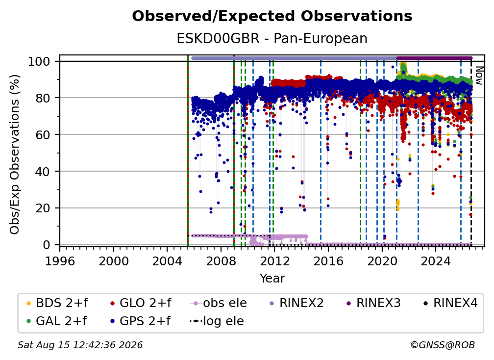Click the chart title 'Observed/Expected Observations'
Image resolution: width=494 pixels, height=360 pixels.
point(272,16)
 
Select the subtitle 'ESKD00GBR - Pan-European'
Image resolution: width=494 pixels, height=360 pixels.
point(272,38)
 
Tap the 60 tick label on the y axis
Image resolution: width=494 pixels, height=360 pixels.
point(43,134)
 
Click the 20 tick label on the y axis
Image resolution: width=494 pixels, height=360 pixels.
point(43,208)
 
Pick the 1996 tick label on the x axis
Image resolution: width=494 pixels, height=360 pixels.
point(60,261)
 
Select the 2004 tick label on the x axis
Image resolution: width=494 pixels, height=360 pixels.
point(167,261)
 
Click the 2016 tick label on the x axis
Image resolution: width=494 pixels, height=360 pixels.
point(328,261)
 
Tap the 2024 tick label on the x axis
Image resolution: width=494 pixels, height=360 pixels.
point(436,261)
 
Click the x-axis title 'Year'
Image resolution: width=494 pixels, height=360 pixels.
point(272,279)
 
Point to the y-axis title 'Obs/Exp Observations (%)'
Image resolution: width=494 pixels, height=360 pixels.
point(15,154)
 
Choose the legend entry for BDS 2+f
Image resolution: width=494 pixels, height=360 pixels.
point(57,303)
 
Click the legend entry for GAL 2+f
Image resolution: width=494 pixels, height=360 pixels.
point(56,321)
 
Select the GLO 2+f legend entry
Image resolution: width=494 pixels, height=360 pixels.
point(141,303)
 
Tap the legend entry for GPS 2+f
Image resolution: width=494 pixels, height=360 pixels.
point(140,321)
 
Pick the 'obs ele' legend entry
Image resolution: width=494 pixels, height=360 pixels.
point(219,303)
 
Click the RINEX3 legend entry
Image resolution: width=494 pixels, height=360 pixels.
point(373,303)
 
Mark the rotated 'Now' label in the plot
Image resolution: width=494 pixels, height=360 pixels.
point(479,76)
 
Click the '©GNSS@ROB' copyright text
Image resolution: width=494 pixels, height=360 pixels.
point(443,345)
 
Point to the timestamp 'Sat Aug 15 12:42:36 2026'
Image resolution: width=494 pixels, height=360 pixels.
point(80,345)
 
